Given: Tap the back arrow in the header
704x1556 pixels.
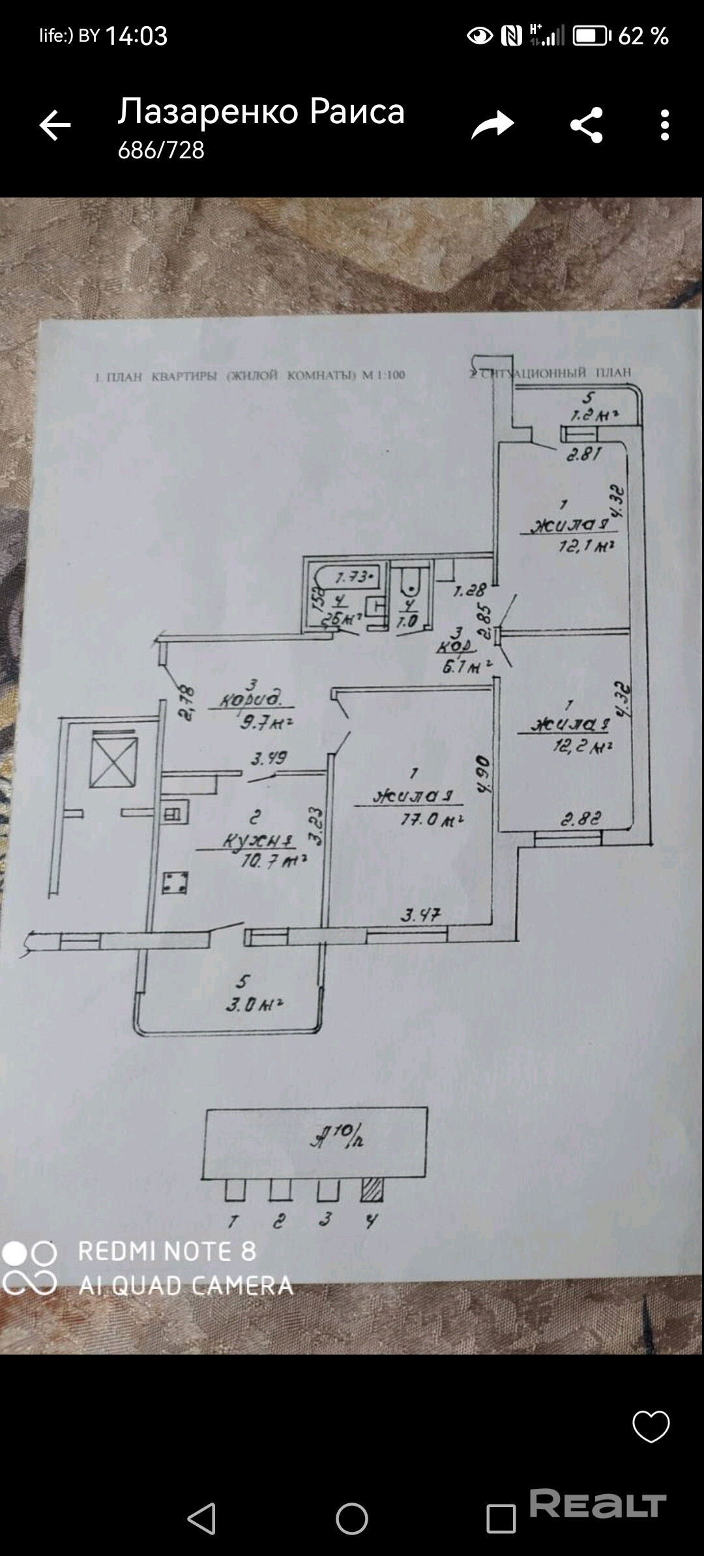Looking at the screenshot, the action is pyautogui.click(x=55, y=125).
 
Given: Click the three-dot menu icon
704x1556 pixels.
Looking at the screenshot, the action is pyautogui.click(x=664, y=125).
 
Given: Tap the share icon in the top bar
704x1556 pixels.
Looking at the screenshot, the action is pyautogui.click(x=586, y=125).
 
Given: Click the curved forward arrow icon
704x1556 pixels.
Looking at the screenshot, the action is pyautogui.click(x=493, y=125).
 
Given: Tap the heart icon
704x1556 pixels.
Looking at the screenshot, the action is pyautogui.click(x=651, y=1426).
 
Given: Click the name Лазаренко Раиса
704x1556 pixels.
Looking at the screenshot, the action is pyautogui.click(x=261, y=111).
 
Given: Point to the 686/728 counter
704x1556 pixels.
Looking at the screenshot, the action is pyautogui.click(x=161, y=151).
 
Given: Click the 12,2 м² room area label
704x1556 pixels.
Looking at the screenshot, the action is pyautogui.click(x=583, y=746).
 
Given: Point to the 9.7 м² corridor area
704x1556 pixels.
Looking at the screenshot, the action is pyautogui.click(x=265, y=722).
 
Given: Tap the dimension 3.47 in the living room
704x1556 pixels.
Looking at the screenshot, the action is pyautogui.click(x=420, y=915).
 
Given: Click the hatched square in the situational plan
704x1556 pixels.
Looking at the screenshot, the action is pyautogui.click(x=372, y=1190).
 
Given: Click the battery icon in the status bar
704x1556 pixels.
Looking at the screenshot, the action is pyautogui.click(x=591, y=36).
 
